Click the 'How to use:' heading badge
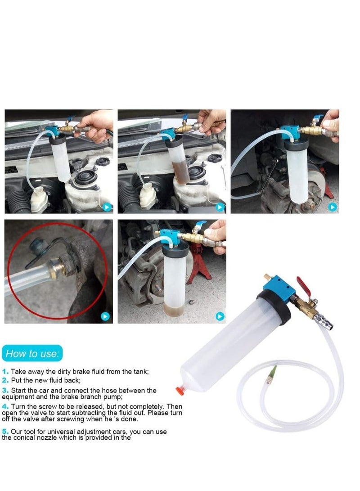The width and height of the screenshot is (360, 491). pos(32,353)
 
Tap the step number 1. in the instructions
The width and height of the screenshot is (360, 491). pos(5,372)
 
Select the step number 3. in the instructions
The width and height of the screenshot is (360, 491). pos(5,391)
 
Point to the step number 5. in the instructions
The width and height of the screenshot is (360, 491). pos(5,432)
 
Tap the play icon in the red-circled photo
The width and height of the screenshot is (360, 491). pos(106,316)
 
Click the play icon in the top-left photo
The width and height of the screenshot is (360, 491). pos(107,207)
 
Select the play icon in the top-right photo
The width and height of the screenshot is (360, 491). pos(332,207)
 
